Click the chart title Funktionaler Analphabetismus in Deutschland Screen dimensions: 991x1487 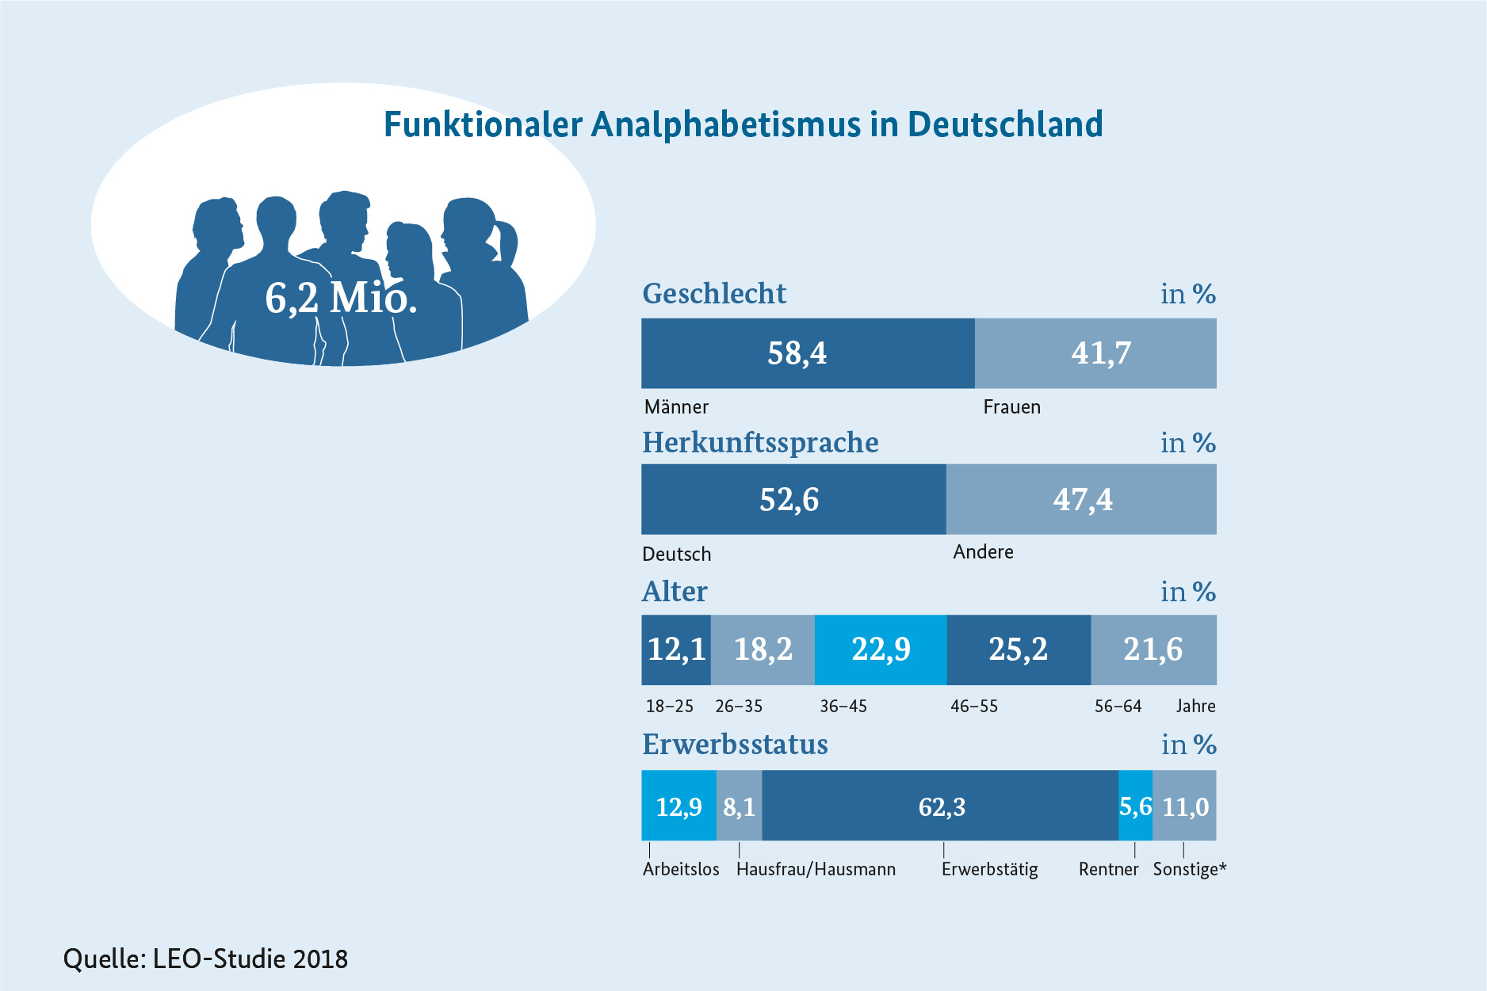(x=743, y=125)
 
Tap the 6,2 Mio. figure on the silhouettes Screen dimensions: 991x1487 (x=341, y=299)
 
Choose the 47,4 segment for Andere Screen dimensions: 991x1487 (x=1081, y=499)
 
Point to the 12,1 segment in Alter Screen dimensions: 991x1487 (x=675, y=650)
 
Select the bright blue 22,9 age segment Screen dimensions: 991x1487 (x=881, y=650)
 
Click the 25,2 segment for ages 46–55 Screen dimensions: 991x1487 (x=1018, y=650)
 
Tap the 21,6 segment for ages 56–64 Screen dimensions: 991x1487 (x=1153, y=650)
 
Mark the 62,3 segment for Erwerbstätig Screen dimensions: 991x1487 (x=941, y=806)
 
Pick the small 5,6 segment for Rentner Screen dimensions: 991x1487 (x=1135, y=806)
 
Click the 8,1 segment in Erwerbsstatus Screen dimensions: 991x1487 (x=739, y=806)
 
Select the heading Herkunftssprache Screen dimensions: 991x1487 (x=760, y=443)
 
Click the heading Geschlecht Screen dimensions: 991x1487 (x=714, y=294)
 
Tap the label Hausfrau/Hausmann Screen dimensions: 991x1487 (x=816, y=870)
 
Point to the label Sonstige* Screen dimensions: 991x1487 (x=1189, y=870)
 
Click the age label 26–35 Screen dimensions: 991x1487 (x=739, y=707)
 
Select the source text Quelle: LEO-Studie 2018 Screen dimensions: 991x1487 (x=205, y=959)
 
